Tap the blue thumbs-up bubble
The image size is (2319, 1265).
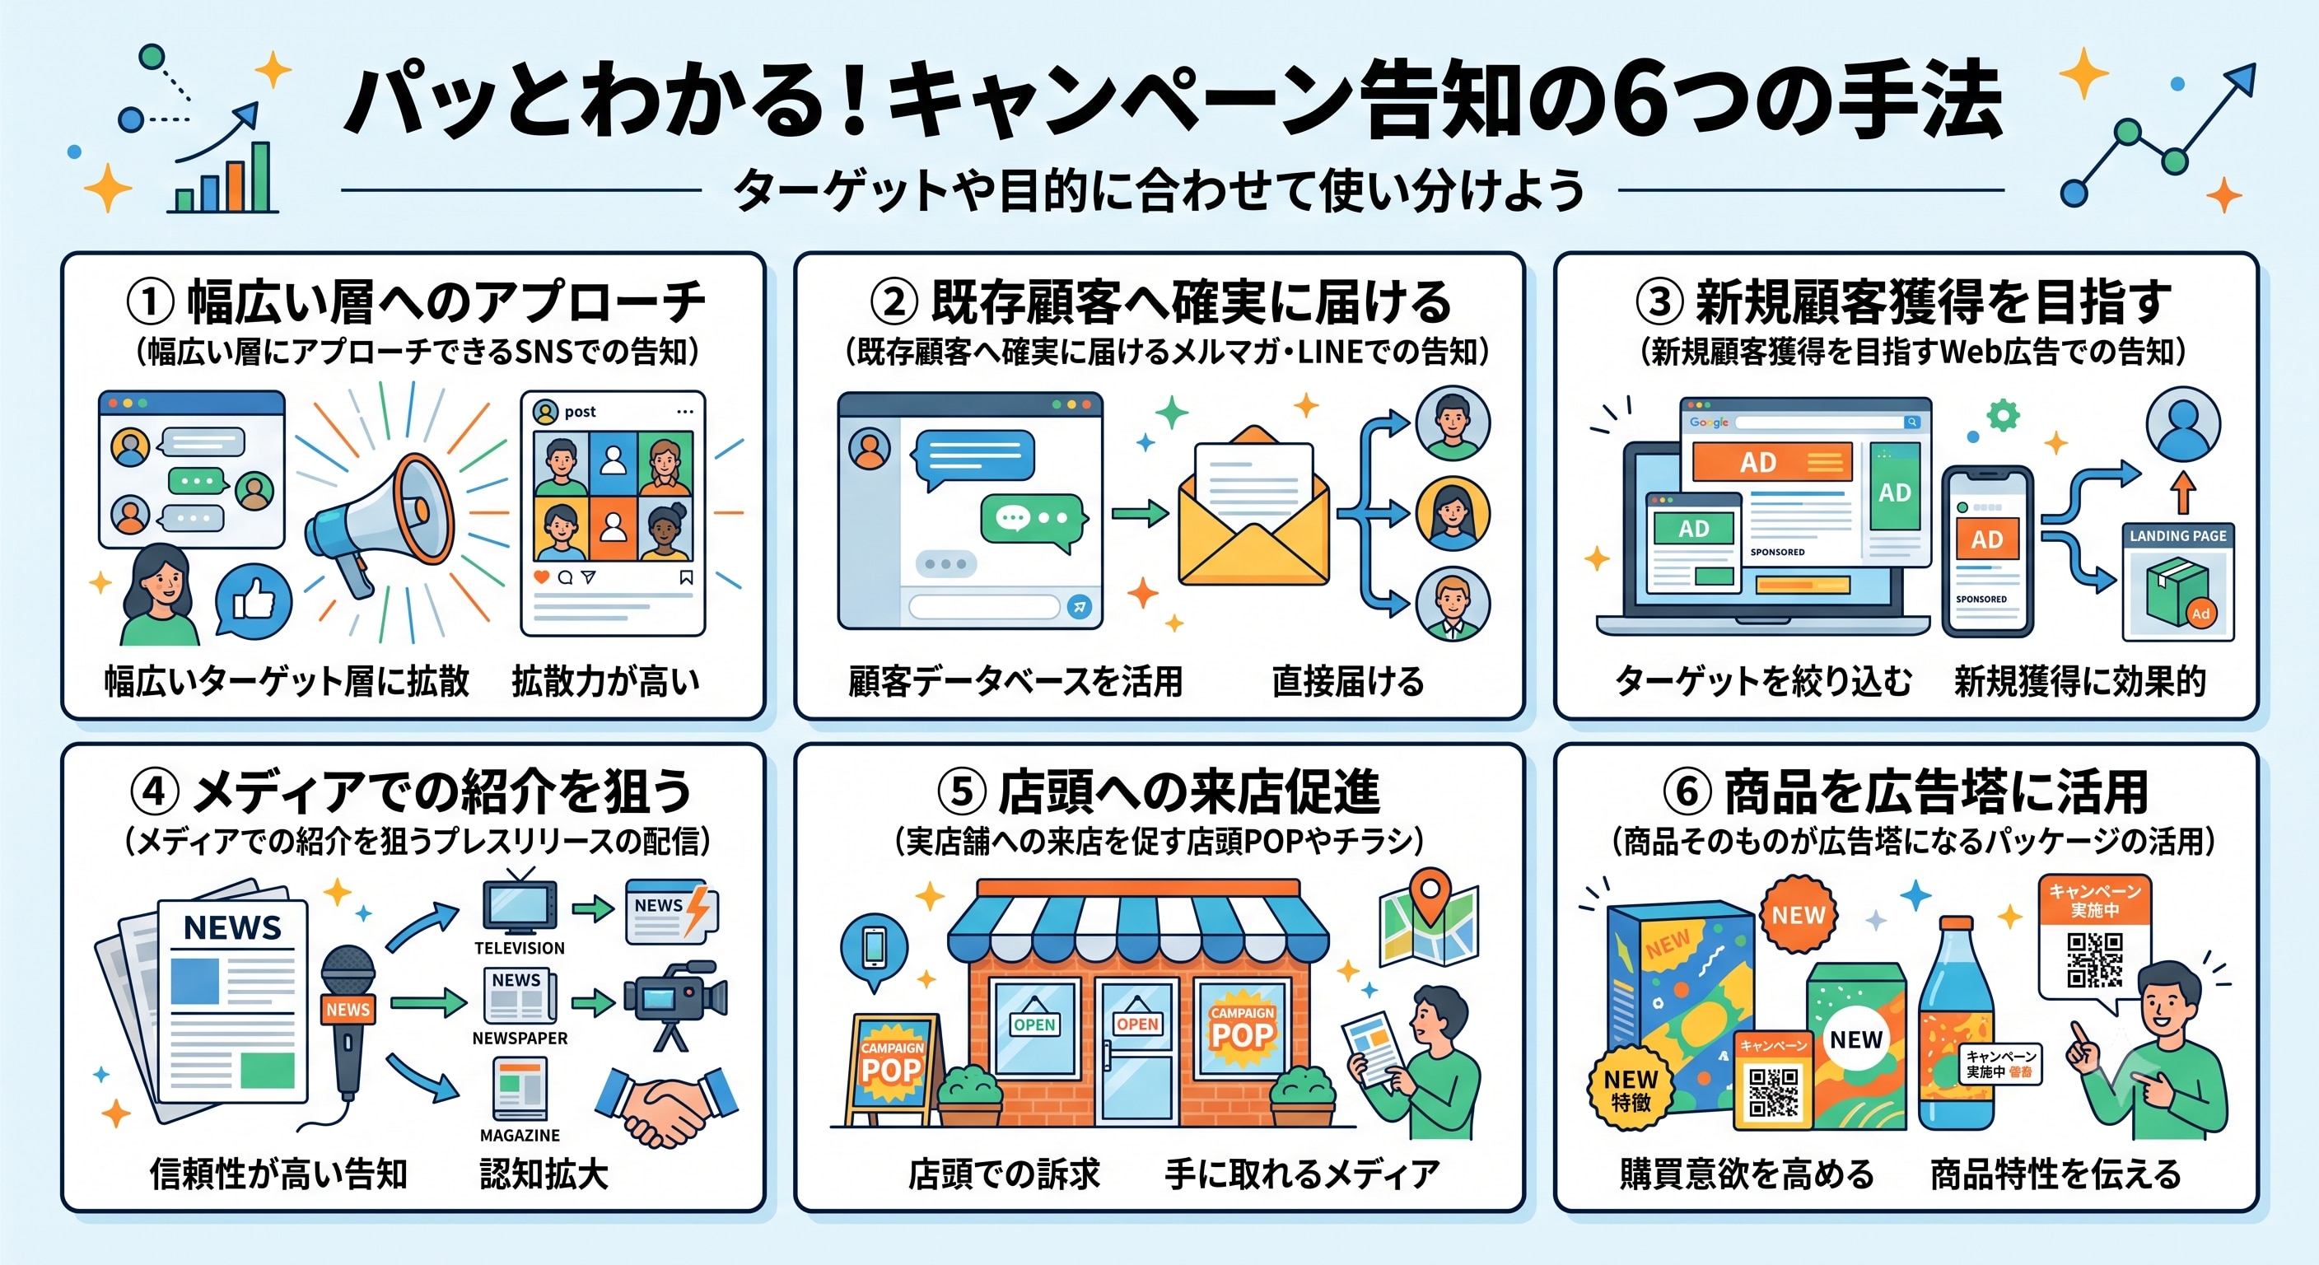coord(254,600)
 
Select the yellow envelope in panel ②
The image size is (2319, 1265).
coord(1254,509)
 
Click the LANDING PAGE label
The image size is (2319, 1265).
coord(2177,535)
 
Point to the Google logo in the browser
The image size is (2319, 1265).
coord(1709,422)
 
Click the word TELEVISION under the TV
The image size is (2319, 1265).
coord(520,948)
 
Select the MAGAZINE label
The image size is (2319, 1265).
coord(520,1136)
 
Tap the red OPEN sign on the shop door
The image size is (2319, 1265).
coord(1137,1023)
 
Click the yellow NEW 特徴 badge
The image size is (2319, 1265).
coord(1631,1089)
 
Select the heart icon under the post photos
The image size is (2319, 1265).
coord(541,577)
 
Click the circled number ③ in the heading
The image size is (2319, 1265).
coord(1659,301)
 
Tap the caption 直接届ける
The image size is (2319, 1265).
coord(1347,682)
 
